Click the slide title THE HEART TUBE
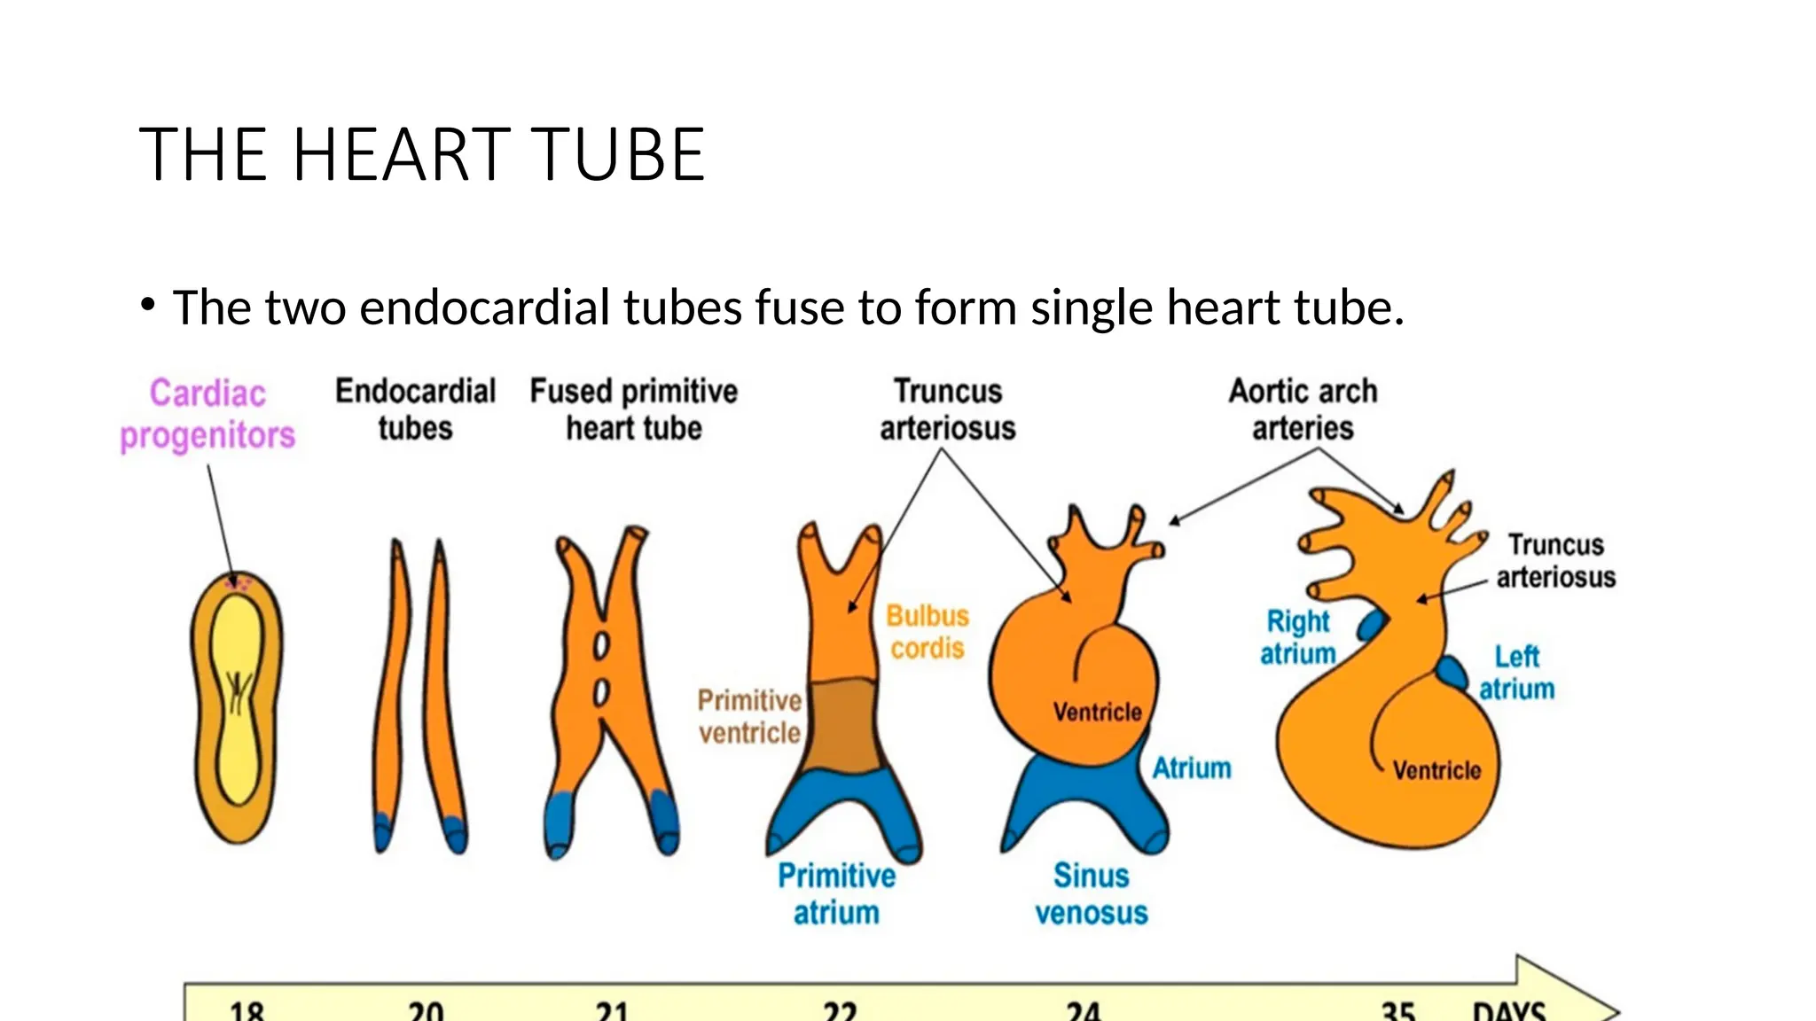(x=422, y=155)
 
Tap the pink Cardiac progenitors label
(x=207, y=414)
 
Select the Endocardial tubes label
(x=415, y=409)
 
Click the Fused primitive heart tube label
(x=634, y=409)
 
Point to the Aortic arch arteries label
(x=1303, y=409)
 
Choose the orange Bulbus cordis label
(x=928, y=632)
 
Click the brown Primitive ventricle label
(x=749, y=717)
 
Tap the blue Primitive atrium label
(x=836, y=894)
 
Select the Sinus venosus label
(x=1092, y=894)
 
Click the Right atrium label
(x=1298, y=637)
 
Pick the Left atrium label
(x=1516, y=673)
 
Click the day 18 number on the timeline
(x=247, y=1010)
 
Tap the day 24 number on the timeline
(x=1083, y=1010)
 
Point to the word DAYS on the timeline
(x=1509, y=1010)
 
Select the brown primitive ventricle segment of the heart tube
(x=845, y=725)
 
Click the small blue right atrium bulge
(x=1371, y=626)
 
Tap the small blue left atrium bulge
(x=1452, y=673)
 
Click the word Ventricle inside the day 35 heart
(x=1436, y=770)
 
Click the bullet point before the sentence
(x=148, y=306)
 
